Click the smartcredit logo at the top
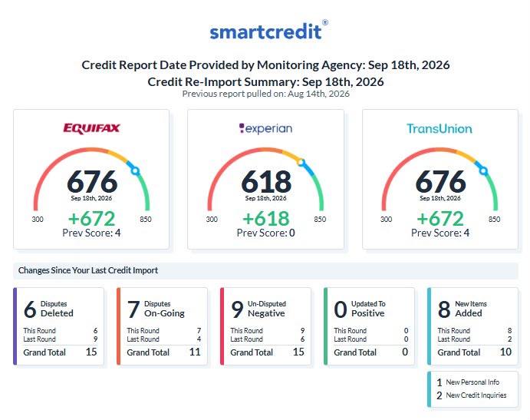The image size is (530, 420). click(268, 31)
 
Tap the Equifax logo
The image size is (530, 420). click(91, 128)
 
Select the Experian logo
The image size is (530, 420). click(265, 128)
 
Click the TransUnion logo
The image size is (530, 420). click(439, 128)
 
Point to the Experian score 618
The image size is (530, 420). click(266, 182)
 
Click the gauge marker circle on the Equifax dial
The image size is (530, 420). click(136, 171)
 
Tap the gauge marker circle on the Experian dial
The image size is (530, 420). click(301, 163)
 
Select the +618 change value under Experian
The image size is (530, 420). click(266, 218)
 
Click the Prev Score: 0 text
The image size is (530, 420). click(265, 233)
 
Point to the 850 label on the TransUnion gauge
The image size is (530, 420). click(494, 220)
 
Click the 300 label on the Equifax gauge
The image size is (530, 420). click(38, 220)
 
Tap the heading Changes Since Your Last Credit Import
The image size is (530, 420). click(88, 270)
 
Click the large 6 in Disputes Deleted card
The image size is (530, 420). click(30, 309)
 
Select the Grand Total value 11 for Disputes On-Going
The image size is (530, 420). click(195, 352)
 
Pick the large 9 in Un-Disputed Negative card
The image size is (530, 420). click(237, 309)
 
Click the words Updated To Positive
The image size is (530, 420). click(368, 309)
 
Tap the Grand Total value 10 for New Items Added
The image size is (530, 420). click(505, 352)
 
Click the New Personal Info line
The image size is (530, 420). click(468, 382)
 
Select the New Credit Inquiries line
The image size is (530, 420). click(472, 395)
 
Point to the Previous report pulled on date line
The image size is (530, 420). click(265, 94)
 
